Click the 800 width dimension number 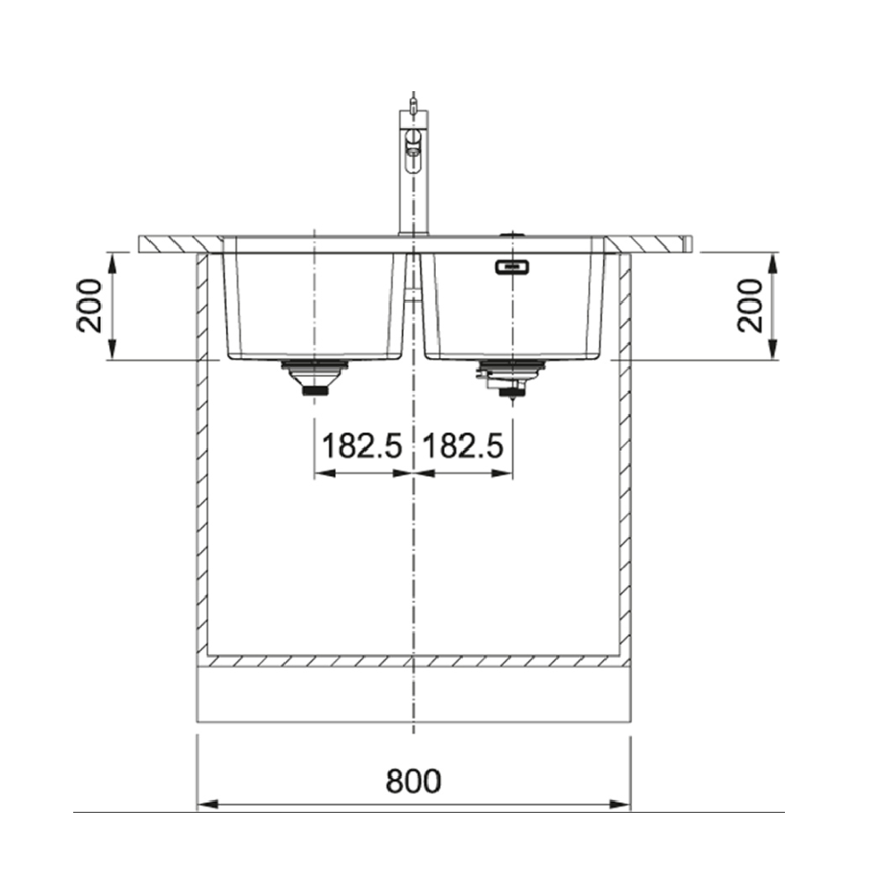413,781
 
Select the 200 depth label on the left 89,305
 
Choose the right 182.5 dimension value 463,446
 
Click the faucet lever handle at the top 413,105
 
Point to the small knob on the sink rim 511,234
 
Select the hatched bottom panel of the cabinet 413,662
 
